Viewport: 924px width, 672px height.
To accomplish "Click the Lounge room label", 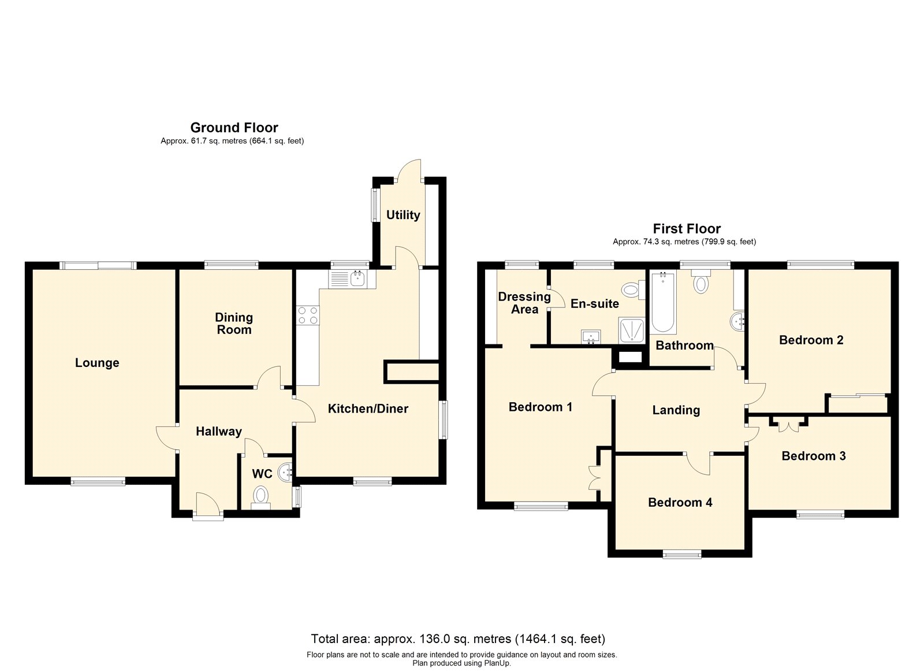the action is point(97,363).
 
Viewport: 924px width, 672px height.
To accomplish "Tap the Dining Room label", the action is point(234,324).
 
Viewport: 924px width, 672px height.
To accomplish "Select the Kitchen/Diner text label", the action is point(368,409).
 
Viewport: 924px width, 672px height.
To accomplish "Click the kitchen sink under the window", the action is point(352,279).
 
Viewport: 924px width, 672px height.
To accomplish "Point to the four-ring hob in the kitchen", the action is point(308,315).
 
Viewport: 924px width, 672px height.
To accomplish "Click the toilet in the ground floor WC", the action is point(260,498).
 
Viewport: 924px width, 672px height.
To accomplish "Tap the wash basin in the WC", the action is point(285,473).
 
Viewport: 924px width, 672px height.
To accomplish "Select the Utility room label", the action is point(403,215).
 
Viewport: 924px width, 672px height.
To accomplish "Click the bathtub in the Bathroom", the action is point(663,302).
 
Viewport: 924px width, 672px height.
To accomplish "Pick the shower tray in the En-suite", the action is point(631,330).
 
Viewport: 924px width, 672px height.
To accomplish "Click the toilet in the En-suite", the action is point(633,289).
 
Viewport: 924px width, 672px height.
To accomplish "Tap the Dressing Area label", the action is point(524,303).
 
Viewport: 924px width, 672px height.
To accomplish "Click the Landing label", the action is point(676,410).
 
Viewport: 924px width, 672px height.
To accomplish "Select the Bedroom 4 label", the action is point(680,502).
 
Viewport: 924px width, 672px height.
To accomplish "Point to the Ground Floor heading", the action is point(234,128).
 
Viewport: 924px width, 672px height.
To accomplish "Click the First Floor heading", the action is point(687,229).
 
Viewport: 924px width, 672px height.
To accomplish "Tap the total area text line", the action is point(458,639).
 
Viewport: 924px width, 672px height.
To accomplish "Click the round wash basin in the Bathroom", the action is point(737,321).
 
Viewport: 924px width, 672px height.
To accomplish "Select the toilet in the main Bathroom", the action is point(701,281).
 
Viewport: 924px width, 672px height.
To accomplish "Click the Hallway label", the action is point(219,432).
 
